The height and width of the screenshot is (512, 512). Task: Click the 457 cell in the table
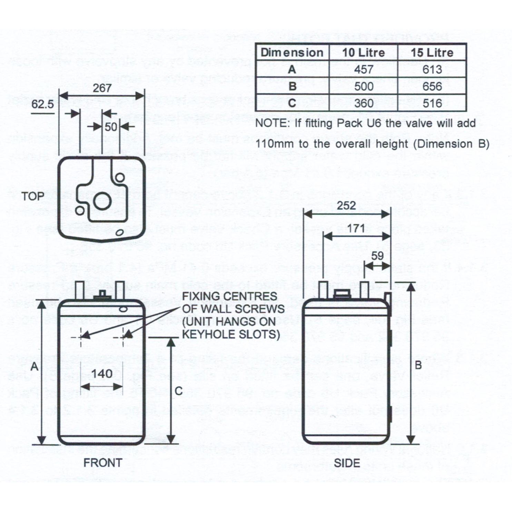363,69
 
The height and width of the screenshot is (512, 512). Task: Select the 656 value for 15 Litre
432,86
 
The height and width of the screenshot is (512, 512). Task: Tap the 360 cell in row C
363,103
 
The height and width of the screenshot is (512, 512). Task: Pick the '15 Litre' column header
432,52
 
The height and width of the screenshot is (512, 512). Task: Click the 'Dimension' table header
292,52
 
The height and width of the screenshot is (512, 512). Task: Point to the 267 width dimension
102,88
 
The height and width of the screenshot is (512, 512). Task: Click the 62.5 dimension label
42,104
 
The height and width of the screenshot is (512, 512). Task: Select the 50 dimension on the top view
111,127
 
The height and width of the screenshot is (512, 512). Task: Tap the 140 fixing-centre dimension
102,373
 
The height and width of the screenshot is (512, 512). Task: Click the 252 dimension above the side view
346,206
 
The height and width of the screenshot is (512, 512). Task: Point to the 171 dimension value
356,228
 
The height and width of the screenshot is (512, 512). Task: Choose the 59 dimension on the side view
377,256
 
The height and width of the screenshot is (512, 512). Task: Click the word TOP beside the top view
33,196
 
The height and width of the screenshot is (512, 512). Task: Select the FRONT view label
103,463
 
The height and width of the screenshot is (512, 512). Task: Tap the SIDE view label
347,463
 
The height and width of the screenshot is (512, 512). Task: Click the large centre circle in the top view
102,201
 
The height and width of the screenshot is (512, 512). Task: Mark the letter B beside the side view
418,365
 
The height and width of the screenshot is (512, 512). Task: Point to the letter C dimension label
178,391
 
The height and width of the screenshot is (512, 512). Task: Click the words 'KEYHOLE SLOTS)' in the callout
231,334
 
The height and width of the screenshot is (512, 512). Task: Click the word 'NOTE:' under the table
273,123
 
